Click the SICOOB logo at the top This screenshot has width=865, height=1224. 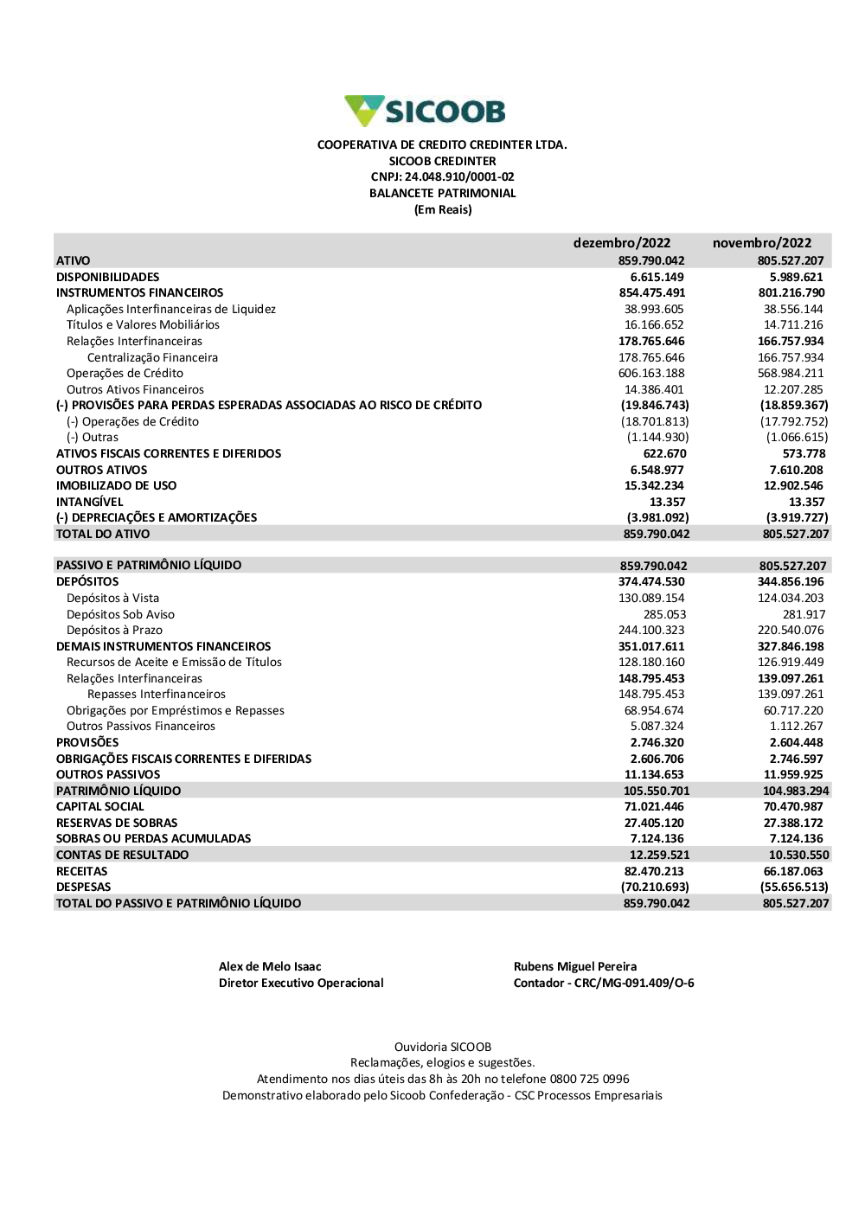(425, 111)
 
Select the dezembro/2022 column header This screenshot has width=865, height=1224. (621, 243)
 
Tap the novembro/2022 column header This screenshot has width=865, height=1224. (762, 243)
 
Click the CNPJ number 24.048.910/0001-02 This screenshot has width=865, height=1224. (459, 177)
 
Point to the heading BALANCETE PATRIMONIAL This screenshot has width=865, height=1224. (442, 194)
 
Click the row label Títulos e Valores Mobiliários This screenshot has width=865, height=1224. (143, 325)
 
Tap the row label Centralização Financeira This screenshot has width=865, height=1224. (152, 357)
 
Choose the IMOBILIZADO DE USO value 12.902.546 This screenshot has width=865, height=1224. (793, 486)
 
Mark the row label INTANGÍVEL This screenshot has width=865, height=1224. (90, 502)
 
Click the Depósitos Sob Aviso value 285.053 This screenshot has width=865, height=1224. (664, 614)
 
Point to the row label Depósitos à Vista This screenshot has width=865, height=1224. (112, 598)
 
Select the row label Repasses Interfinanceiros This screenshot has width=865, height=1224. (156, 695)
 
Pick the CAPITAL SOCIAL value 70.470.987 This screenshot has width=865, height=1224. (793, 807)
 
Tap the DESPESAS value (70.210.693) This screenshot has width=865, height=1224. (655, 888)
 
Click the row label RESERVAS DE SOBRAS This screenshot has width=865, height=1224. (117, 823)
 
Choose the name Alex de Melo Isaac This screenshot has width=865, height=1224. (270, 967)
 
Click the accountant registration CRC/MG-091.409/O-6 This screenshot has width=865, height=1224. (634, 984)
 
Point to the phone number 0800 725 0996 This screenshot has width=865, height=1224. (590, 1080)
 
